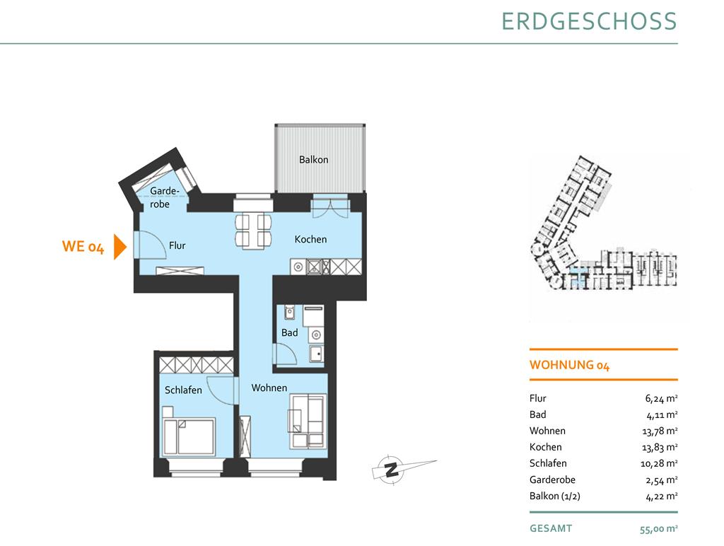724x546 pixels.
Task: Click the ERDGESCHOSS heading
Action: pyautogui.click(x=589, y=22)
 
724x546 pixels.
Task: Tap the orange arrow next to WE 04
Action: pyautogui.click(x=120, y=247)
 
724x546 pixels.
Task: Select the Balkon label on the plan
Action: pyautogui.click(x=313, y=160)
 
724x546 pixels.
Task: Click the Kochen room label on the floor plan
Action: pyautogui.click(x=311, y=239)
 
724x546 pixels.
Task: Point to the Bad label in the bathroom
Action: pyautogui.click(x=289, y=332)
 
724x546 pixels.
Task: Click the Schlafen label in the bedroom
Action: pyautogui.click(x=183, y=390)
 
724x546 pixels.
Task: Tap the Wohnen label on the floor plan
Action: pyautogui.click(x=269, y=388)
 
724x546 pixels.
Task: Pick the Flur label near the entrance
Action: pyautogui.click(x=177, y=245)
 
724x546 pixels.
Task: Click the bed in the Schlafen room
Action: pyautogui.click(x=189, y=431)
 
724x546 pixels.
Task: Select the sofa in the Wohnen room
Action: pyautogui.click(x=308, y=422)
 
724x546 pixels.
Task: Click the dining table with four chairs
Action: pyautogui.click(x=253, y=231)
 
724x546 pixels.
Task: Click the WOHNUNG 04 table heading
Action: pyautogui.click(x=569, y=366)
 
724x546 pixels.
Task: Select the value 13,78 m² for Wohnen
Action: pyautogui.click(x=660, y=431)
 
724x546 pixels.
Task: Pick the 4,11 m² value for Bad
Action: pyautogui.click(x=662, y=415)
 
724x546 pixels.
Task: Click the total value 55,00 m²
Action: pyautogui.click(x=658, y=529)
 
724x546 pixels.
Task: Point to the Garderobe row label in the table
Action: pyautogui.click(x=552, y=480)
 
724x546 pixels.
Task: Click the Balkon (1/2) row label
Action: pyautogui.click(x=554, y=496)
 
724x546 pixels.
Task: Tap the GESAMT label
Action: pyautogui.click(x=551, y=528)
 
